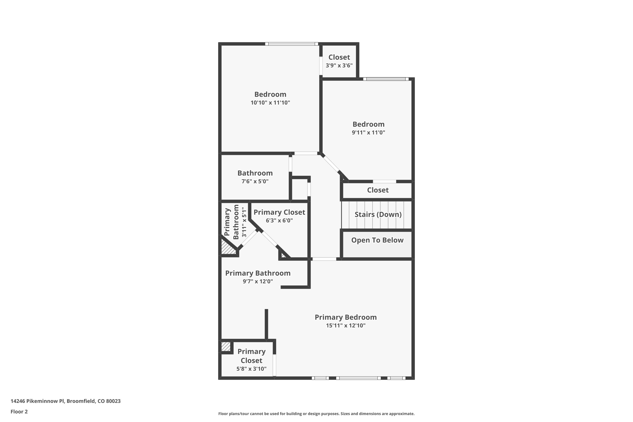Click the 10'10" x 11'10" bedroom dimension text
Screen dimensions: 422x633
pos(270,103)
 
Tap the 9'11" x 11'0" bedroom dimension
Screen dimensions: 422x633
pos(368,133)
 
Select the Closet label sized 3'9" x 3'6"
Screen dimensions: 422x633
pos(339,58)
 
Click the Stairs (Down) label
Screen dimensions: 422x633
pos(378,214)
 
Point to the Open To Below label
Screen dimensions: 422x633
pos(377,240)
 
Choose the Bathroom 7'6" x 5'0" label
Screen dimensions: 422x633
pos(255,173)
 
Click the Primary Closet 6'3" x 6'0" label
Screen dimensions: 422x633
pos(279,212)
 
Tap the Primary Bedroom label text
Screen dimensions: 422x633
pos(346,317)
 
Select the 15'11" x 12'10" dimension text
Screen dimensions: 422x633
pos(346,326)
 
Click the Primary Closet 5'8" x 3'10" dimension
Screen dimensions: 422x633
pos(251,369)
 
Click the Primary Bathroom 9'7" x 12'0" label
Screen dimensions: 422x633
pos(258,273)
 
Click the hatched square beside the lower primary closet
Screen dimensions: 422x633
pos(226,347)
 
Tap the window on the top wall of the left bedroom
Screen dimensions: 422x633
pos(291,44)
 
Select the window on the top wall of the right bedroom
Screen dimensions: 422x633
pos(386,79)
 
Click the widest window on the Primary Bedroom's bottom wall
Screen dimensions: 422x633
pos(358,378)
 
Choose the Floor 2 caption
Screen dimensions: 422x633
pos(19,411)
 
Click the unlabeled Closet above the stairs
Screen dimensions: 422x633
pos(378,190)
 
